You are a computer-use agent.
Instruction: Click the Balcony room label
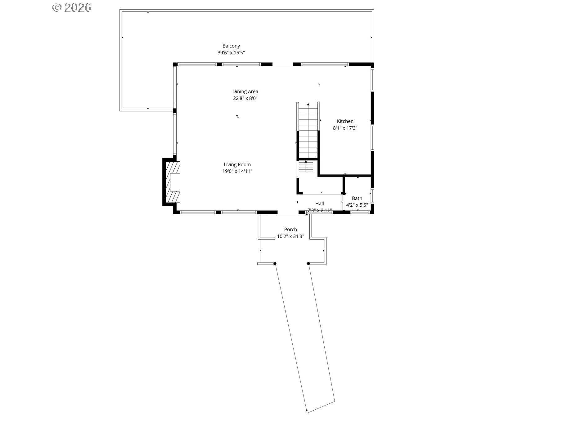pyautogui.click(x=231, y=46)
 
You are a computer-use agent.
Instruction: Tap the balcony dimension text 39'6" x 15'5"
pyautogui.click(x=231, y=53)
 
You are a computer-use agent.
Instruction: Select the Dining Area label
pyautogui.click(x=245, y=92)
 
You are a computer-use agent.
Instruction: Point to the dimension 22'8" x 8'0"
pyautogui.click(x=245, y=98)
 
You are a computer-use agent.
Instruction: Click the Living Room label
pyautogui.click(x=237, y=164)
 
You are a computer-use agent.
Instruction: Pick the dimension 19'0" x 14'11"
pyautogui.click(x=237, y=171)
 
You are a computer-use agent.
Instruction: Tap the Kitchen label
pyautogui.click(x=345, y=121)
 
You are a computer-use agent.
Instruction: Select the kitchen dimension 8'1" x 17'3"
pyautogui.click(x=345, y=128)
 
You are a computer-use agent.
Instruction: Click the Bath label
pyautogui.click(x=357, y=198)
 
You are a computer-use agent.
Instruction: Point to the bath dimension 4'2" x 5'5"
pyautogui.click(x=357, y=205)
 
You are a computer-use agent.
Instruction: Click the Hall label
pyautogui.click(x=319, y=204)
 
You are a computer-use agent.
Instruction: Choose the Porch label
pyautogui.click(x=290, y=230)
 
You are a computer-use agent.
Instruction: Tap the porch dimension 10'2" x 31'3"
pyautogui.click(x=290, y=236)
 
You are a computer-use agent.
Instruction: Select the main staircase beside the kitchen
pyautogui.click(x=308, y=130)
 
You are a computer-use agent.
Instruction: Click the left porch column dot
pyautogui.click(x=275, y=264)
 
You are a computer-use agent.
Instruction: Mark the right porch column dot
pyautogui.click(x=308, y=264)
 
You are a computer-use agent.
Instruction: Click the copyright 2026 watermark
pyautogui.click(x=72, y=7)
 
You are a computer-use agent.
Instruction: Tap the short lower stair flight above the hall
pyautogui.click(x=306, y=167)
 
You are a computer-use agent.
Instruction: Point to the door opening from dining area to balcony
pyautogui.click(x=283, y=65)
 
